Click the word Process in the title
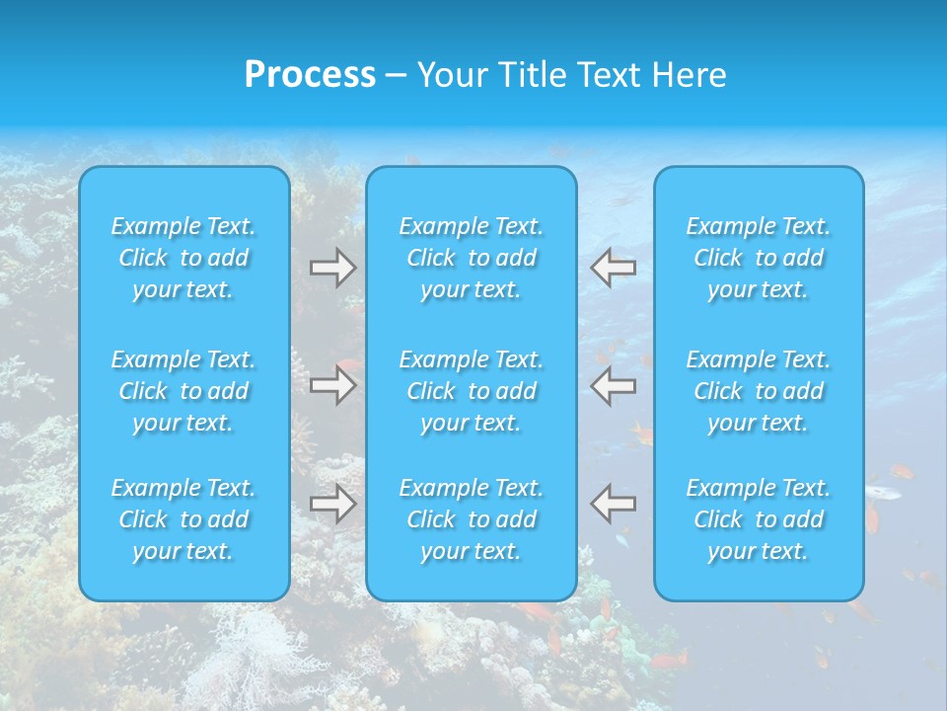[310, 75]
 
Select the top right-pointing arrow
[332, 268]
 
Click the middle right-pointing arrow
[332, 385]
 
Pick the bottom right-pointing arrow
[332, 504]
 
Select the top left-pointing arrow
[613, 268]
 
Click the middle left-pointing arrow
[613, 385]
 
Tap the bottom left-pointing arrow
[613, 504]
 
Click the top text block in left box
[183, 258]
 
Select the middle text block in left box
[183, 391]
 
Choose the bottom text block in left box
[183, 519]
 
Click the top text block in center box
[471, 258]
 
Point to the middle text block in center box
[471, 391]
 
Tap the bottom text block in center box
[471, 519]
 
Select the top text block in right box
[758, 258]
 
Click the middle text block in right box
[758, 391]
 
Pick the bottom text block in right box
[758, 519]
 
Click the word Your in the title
[451, 75]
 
